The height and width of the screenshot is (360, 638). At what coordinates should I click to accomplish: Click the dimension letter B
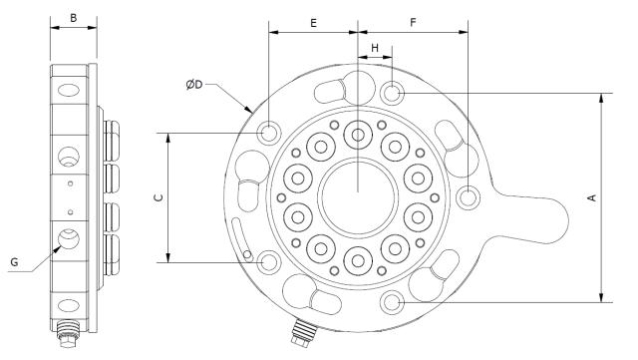[x=73, y=17]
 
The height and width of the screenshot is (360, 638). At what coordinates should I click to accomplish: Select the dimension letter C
[x=158, y=197]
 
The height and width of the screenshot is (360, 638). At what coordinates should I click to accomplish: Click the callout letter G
[x=14, y=261]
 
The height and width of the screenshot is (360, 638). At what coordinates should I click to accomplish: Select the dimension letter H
[x=375, y=47]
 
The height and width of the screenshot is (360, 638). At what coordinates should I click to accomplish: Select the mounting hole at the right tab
[x=468, y=197]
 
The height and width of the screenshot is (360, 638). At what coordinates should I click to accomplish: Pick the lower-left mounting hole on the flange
[x=268, y=262]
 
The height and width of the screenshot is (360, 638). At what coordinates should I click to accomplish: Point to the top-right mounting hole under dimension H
[x=393, y=94]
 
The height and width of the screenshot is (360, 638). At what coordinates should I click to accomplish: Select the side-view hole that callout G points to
[x=69, y=239]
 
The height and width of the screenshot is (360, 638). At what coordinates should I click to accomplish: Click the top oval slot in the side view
[x=68, y=91]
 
